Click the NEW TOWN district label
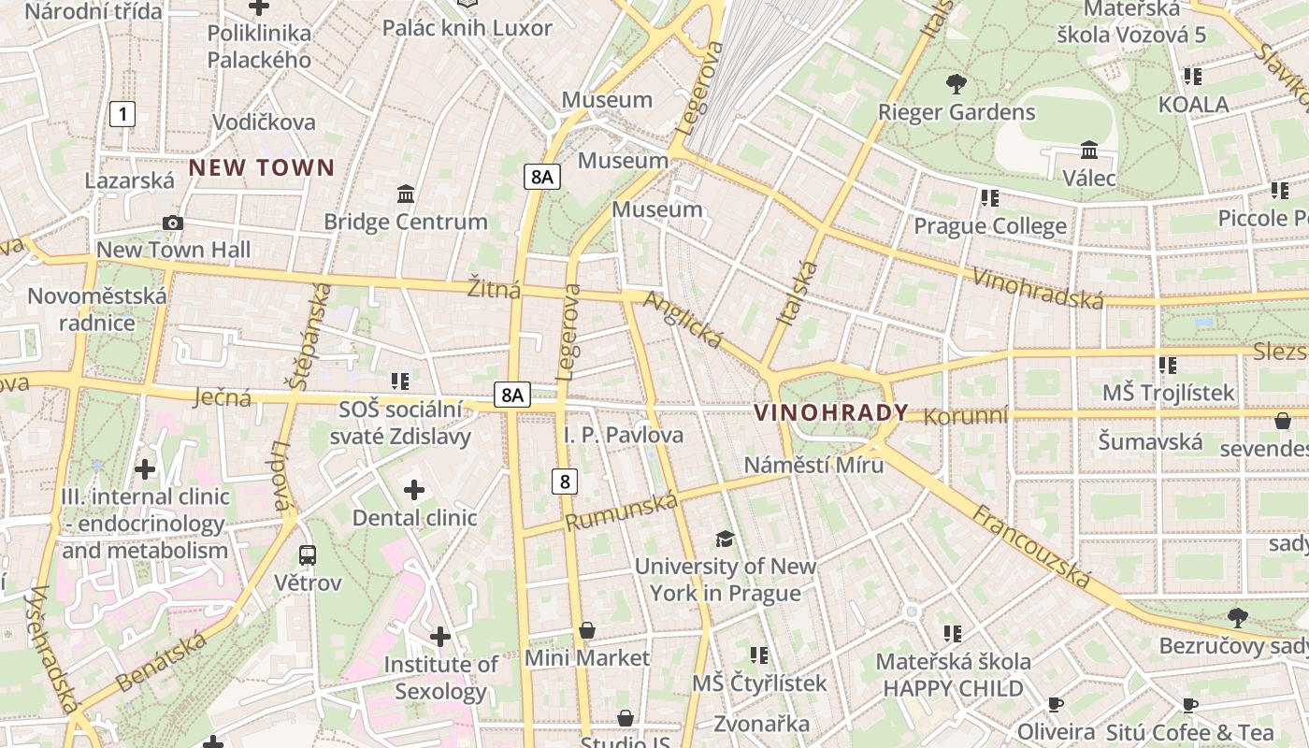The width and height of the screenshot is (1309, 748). pos(262,168)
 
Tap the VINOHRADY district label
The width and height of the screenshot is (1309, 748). pos(830,412)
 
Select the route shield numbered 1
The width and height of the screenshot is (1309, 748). pos(122,115)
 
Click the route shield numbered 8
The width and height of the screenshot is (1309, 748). pos(564,482)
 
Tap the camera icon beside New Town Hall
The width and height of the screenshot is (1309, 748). pos(173,223)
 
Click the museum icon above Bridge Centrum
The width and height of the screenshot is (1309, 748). pos(406,194)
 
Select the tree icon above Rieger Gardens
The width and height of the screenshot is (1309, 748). pos(956,84)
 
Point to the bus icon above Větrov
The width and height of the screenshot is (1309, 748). pos(308,554)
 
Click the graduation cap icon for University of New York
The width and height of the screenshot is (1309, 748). pos(725,539)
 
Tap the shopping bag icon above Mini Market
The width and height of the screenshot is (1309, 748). pos(587,630)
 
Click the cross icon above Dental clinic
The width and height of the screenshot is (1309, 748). pos(414,489)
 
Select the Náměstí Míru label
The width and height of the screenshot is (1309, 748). pos(813,465)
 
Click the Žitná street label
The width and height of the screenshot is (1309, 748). pos(494,289)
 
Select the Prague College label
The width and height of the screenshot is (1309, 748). pos(989,226)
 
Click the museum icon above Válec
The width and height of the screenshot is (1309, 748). pos(1089,150)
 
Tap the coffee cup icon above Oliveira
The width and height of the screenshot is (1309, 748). pos(1056,704)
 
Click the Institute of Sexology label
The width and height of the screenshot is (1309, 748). pos(440,678)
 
